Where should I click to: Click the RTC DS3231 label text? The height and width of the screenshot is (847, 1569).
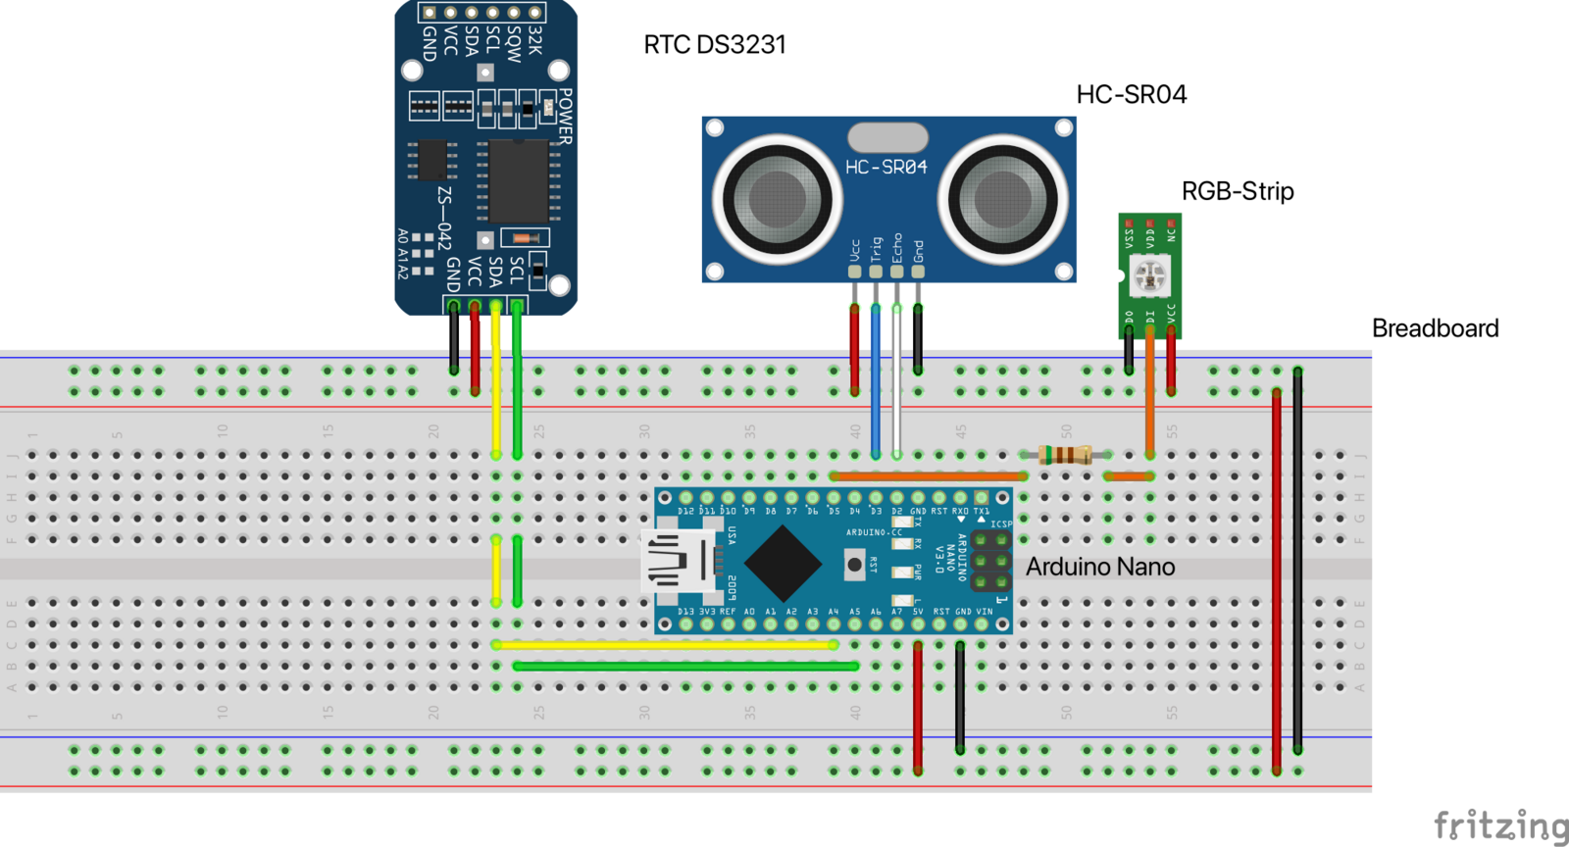[714, 45]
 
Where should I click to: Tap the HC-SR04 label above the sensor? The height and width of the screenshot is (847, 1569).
[1131, 94]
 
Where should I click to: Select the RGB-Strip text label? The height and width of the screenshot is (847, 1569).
[1237, 191]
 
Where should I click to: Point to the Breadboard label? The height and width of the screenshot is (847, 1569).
[1435, 328]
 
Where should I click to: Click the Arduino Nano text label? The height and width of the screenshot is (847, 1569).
[1099, 567]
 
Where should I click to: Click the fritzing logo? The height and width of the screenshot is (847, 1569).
[1499, 825]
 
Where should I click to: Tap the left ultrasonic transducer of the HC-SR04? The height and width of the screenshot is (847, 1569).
[777, 199]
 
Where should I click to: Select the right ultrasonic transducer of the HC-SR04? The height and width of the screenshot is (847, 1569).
[1002, 199]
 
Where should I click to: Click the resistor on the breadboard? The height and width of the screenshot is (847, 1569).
[1065, 455]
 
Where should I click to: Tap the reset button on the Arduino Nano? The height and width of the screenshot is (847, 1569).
[854, 565]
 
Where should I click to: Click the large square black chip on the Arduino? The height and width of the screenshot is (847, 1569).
[783, 564]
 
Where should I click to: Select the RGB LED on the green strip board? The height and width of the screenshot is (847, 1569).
[1149, 275]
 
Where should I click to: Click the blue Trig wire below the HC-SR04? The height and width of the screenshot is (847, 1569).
[876, 382]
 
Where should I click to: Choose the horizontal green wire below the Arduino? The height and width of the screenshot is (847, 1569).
[686, 667]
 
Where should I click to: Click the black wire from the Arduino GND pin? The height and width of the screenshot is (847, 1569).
[960, 696]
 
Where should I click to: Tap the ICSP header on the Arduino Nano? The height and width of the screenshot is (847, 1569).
[990, 562]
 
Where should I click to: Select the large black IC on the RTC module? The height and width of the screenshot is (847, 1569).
[518, 181]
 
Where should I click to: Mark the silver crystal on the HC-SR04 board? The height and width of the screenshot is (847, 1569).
[887, 137]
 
